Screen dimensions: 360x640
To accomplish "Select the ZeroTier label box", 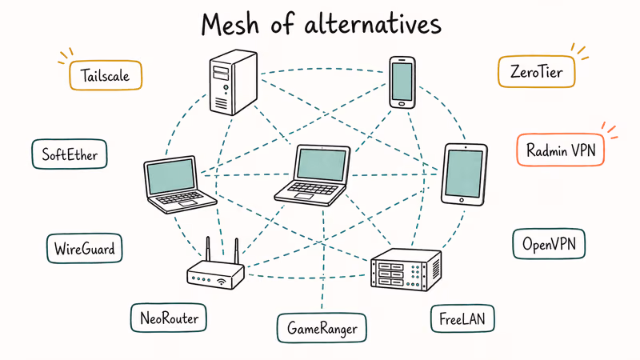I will click(535, 73).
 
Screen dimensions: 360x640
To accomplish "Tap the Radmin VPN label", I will click(559, 149).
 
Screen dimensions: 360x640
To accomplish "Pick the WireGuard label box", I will click(85, 248).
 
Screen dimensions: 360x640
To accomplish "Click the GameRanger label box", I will click(322, 327).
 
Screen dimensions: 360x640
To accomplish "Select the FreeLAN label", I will click(462, 318).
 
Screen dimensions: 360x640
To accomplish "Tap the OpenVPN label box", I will click(549, 243).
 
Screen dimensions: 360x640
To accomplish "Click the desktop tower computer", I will click(231, 82).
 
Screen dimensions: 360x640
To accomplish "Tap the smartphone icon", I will click(402, 82).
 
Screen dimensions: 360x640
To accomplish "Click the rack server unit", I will click(406, 269).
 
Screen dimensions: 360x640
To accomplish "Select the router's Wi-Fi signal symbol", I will click(221, 281).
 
